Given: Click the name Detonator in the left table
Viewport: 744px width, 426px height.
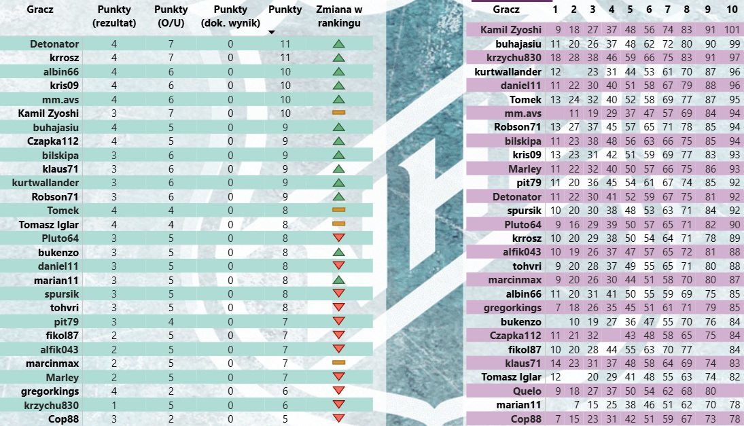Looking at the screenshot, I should click(54, 43).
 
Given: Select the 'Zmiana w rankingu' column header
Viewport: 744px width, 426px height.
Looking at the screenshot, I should click(339, 16).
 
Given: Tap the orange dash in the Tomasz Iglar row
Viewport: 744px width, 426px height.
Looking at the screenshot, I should click(339, 224).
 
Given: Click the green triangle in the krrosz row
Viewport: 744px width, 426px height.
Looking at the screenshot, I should click(339, 58).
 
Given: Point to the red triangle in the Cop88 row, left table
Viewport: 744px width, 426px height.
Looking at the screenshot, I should click(339, 419).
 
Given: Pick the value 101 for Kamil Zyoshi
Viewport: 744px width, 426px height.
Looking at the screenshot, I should click(731, 30).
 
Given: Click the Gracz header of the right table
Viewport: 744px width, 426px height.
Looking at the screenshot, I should click(506, 10).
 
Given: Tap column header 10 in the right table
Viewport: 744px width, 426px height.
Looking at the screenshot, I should click(731, 10).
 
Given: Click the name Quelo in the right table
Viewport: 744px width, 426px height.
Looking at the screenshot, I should click(527, 391).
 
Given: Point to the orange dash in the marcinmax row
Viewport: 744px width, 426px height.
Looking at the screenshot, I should click(339, 363).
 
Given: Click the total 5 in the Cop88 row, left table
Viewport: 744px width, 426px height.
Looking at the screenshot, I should click(285, 419).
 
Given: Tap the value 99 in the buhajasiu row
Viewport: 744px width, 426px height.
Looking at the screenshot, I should click(732, 43).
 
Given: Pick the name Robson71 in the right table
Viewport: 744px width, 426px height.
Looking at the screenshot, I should click(518, 126).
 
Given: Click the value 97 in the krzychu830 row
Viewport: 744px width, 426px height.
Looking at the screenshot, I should click(732, 58).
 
